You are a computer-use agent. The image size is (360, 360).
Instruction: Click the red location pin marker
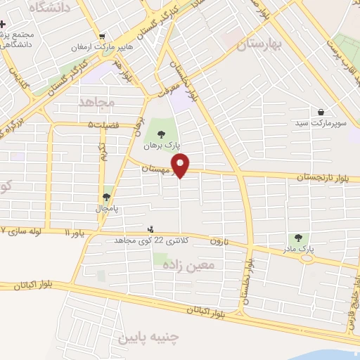click(181, 166)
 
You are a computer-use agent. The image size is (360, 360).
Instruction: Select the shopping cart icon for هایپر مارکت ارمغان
click(103, 37)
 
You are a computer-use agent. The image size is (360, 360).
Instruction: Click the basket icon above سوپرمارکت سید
click(321, 112)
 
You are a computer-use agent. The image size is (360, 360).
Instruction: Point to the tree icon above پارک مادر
click(299, 238)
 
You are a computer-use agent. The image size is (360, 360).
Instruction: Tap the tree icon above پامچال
click(106, 198)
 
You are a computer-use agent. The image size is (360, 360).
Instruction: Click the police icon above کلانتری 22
click(150, 229)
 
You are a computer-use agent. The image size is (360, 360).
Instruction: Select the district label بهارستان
click(259, 45)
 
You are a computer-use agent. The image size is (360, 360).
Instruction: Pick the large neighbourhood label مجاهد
click(96, 103)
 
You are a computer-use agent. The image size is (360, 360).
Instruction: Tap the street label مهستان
click(155, 169)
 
